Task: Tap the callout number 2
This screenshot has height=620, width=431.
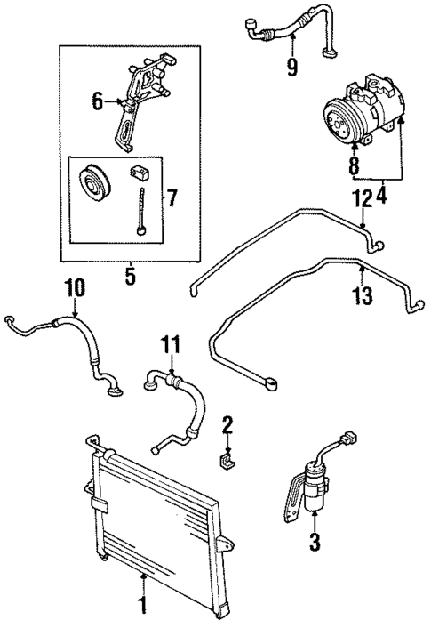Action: (x=227, y=424)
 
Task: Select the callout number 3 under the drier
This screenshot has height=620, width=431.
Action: (x=313, y=539)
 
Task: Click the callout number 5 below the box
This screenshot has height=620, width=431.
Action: (x=130, y=277)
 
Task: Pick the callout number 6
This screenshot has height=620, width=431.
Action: (x=99, y=102)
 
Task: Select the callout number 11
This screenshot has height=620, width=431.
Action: (x=172, y=343)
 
